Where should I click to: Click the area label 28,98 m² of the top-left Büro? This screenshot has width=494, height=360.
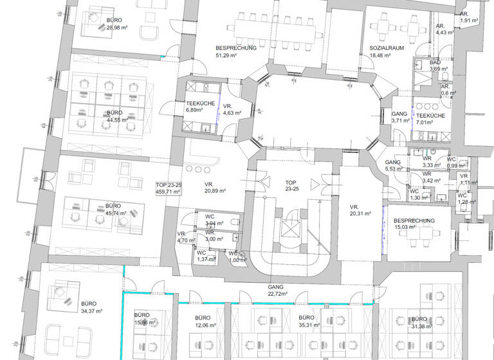[119, 28]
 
